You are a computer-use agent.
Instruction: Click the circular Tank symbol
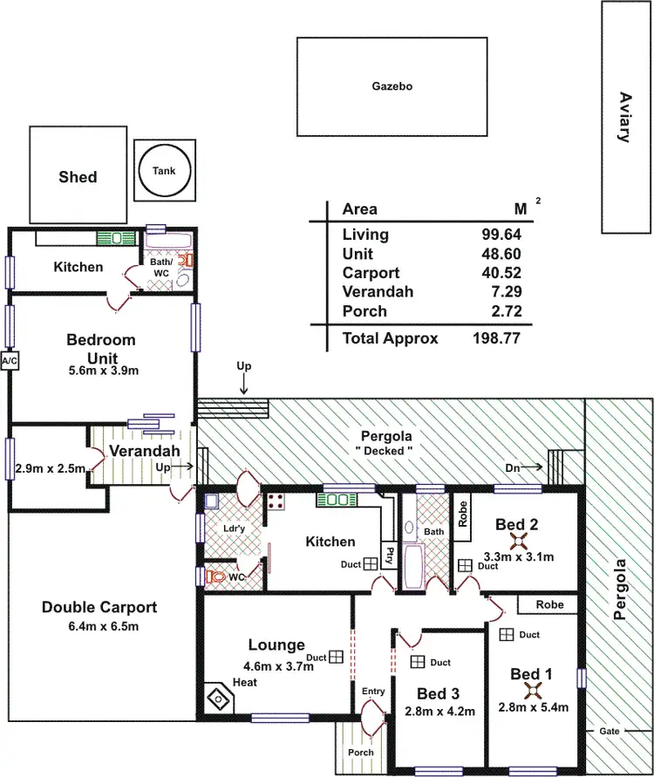164,171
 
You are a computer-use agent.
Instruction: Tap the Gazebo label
392,86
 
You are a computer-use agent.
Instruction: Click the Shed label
78,177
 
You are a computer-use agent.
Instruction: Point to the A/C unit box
10,360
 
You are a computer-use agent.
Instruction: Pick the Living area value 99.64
501,235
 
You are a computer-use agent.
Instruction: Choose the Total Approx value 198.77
496,338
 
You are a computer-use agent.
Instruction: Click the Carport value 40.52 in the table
501,273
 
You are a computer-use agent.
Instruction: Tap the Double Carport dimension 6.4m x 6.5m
99,626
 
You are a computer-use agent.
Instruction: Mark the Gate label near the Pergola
608,730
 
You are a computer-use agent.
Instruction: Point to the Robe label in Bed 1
550,604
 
